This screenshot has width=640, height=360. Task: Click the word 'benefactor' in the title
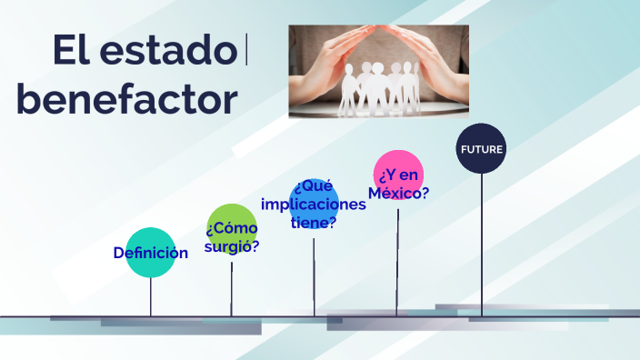tap(127, 99)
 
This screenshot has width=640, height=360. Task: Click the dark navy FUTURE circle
tap(481, 148)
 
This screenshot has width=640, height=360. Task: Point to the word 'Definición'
tap(150, 253)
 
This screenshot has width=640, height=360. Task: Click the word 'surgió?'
tap(232, 245)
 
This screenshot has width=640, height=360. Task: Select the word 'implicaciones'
tap(314, 204)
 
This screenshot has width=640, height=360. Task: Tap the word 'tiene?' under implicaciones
tap(314, 222)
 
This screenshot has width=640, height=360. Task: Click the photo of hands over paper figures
tap(378, 71)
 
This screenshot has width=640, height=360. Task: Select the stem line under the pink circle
tap(397, 259)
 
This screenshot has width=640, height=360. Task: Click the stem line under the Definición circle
tap(150, 296)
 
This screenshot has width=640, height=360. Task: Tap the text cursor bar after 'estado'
tap(246, 51)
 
